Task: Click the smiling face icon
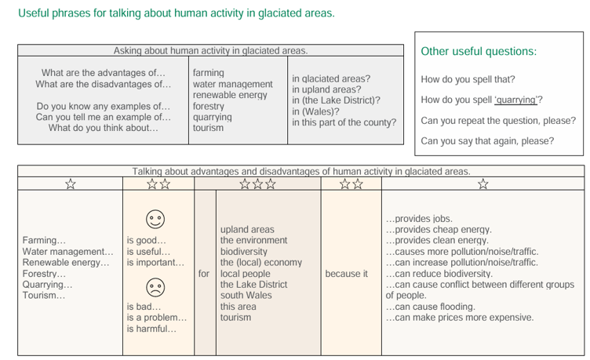(x=155, y=219)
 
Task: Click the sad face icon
(x=155, y=287)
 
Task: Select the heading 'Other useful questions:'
(x=479, y=51)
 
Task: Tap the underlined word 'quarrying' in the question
(x=516, y=100)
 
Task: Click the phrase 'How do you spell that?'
(x=468, y=79)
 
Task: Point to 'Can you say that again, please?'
(x=487, y=141)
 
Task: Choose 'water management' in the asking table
(x=232, y=84)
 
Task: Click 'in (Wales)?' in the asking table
(x=315, y=111)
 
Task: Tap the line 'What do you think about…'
(x=103, y=128)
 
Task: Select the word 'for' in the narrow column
(x=204, y=274)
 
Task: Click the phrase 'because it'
(x=347, y=274)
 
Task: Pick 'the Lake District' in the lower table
(x=253, y=285)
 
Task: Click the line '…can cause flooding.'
(x=431, y=307)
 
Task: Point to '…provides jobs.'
(x=419, y=219)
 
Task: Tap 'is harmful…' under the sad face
(x=151, y=329)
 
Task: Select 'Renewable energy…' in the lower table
(x=66, y=263)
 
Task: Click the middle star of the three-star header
(x=258, y=184)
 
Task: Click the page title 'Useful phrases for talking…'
(x=177, y=13)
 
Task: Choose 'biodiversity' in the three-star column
(x=244, y=252)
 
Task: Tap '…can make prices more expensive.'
(x=460, y=318)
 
